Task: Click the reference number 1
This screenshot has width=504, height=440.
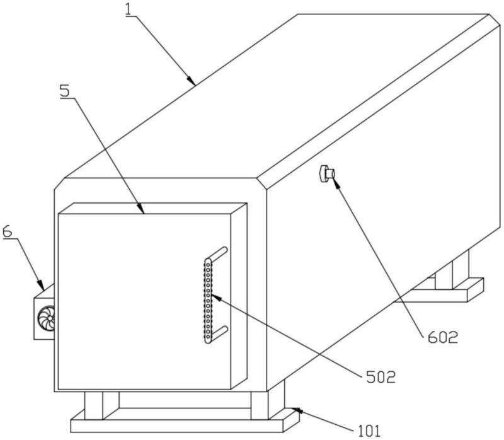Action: tap(129, 9)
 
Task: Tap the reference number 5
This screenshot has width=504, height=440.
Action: tap(65, 90)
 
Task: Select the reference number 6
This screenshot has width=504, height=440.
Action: tap(7, 231)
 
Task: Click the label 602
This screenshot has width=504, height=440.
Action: tap(443, 337)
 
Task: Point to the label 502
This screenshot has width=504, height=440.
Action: tap(381, 377)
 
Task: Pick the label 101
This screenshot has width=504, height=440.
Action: tap(369, 431)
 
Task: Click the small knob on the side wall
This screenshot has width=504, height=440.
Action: tap(327, 173)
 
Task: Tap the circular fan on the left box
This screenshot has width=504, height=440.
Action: tap(46, 318)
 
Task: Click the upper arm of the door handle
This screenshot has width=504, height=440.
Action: tap(218, 253)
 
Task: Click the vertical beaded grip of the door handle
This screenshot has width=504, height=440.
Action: tap(209, 301)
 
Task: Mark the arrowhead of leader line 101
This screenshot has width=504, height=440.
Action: tap(296, 411)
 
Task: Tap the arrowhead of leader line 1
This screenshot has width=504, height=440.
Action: tap(192, 81)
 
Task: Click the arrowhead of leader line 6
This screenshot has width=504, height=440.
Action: tap(41, 286)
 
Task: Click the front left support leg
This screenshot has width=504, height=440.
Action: tap(93, 405)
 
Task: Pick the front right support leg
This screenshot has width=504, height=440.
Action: tap(260, 405)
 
